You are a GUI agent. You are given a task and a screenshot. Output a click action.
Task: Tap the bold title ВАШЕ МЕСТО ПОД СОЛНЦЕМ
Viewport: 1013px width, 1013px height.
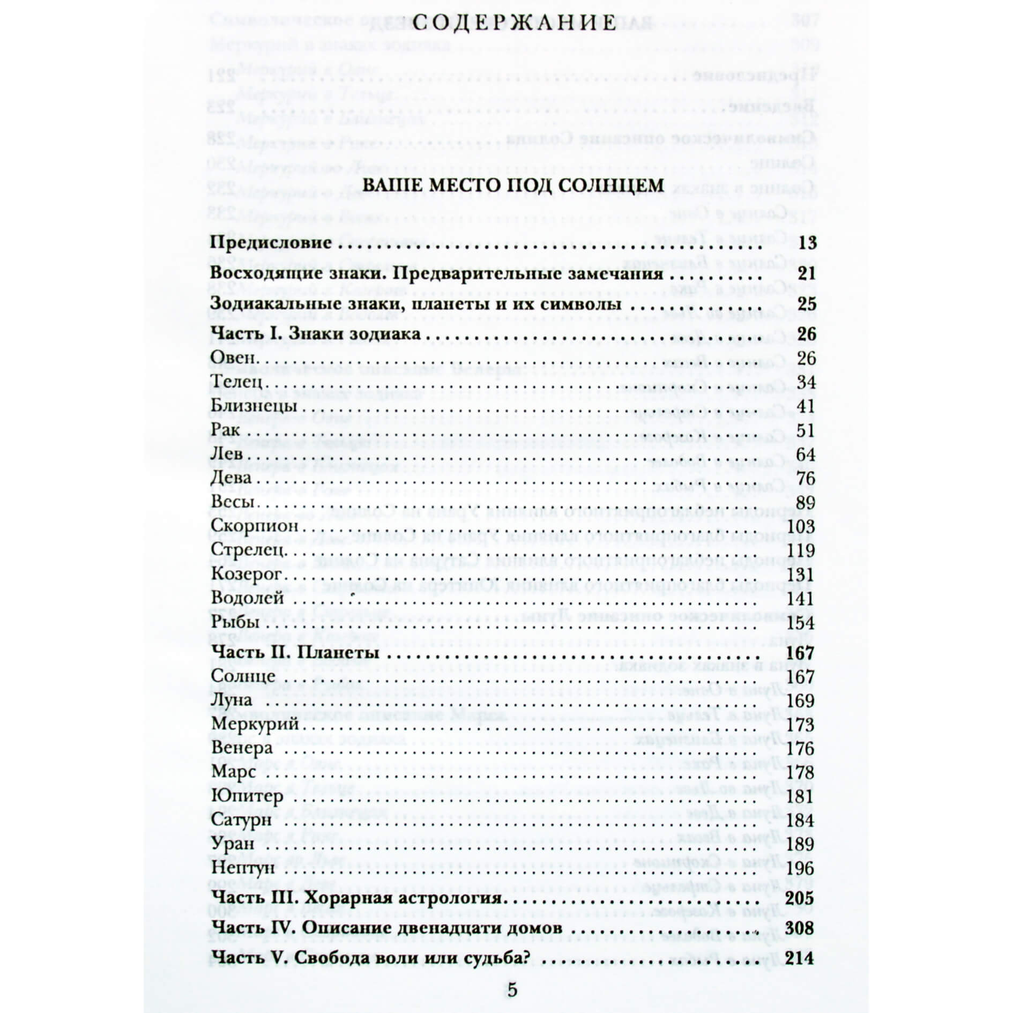[513, 185]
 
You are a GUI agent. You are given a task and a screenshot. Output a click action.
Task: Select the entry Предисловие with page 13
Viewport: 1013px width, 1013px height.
[271, 243]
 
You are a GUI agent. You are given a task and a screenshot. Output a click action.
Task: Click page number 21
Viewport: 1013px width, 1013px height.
[806, 274]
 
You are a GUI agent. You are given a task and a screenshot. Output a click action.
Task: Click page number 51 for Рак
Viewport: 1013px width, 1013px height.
[806, 430]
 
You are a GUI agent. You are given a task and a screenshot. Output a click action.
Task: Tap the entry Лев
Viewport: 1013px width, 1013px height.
[227, 454]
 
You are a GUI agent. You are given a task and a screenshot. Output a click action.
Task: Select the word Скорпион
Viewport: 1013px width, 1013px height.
[255, 526]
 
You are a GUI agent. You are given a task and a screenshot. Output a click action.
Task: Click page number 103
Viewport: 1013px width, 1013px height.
[801, 526]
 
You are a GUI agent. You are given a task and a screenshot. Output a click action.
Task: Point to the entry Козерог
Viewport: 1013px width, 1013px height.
[247, 574]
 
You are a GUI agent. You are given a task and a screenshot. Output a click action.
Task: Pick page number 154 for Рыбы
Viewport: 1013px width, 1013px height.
[801, 623]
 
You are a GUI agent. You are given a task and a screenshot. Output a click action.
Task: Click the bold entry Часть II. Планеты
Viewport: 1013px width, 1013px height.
[296, 653]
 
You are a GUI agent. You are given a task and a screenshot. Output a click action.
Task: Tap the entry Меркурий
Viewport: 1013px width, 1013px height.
[255, 724]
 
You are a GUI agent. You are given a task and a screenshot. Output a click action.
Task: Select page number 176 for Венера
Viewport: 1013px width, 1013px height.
[801, 748]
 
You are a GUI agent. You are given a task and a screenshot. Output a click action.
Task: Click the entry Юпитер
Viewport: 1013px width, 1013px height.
[247, 796]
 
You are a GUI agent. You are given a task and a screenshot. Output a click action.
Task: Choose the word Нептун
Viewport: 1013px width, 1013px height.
[243, 868]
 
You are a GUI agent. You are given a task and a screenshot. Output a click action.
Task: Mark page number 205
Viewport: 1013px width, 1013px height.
[800, 898]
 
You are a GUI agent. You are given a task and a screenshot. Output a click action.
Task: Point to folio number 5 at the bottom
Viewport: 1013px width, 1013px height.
[512, 990]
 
